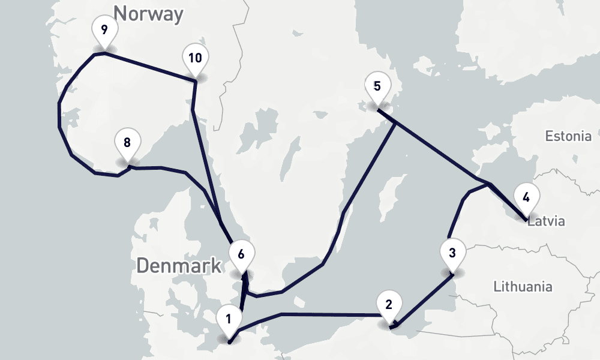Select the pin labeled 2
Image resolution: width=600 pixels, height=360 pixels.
click(389, 304)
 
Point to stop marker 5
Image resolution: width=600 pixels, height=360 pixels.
click(377, 86)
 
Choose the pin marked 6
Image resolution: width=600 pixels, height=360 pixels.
click(241, 254)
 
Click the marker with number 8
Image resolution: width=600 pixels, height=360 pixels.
click(127, 143)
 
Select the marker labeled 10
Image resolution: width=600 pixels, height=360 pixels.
click(195, 58)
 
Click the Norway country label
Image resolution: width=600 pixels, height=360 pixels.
click(148, 13)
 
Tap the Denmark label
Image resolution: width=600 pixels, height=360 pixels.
click(179, 265)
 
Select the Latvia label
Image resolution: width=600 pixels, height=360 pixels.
click(546, 221)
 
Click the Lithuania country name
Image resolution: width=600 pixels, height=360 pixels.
click(522, 286)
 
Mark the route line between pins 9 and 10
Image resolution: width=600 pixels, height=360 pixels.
click(150, 67)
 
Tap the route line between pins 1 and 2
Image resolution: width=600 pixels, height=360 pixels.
click(330, 314)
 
